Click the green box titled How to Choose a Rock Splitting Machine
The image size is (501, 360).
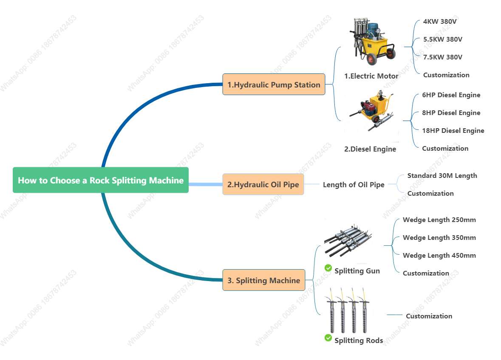click(101, 180)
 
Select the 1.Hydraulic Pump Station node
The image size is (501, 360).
click(274, 84)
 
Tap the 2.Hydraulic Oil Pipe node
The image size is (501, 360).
click(263, 184)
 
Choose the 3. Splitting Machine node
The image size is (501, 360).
click(263, 280)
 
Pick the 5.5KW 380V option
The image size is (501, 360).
click(443, 39)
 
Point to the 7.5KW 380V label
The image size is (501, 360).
click(443, 57)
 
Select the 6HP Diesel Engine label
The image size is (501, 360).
click(451, 95)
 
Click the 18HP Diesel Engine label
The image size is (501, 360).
click(453, 130)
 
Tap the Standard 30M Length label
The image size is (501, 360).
click(442, 175)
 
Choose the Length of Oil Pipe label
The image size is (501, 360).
click(354, 184)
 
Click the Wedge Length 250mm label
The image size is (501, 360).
click(439, 219)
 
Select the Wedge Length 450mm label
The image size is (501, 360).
click(439, 255)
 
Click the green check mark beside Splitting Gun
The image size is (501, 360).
click(328, 268)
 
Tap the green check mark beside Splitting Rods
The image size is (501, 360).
click(328, 337)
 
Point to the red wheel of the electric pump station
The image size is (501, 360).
click(372, 59)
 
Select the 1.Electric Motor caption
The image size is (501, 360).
click(371, 76)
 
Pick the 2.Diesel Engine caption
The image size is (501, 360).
click(370, 149)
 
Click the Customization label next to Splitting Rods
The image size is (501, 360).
click(429, 316)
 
